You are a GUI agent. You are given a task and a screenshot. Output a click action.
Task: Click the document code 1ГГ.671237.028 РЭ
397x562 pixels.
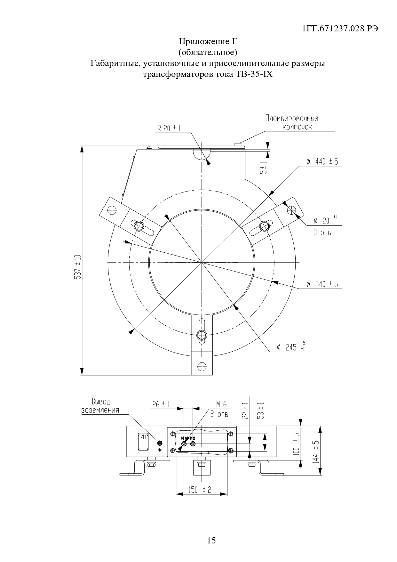click(340, 29)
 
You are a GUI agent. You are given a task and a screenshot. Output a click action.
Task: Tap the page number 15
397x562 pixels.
click(211, 541)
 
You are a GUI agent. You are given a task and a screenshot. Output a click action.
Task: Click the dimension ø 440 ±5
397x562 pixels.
click(322, 161)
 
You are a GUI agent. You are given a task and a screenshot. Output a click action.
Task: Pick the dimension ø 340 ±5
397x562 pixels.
click(322, 284)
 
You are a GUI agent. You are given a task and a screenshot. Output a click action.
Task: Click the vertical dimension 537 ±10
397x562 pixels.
click(77, 267)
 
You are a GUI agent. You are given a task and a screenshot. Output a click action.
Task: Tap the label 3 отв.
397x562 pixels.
click(323, 233)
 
